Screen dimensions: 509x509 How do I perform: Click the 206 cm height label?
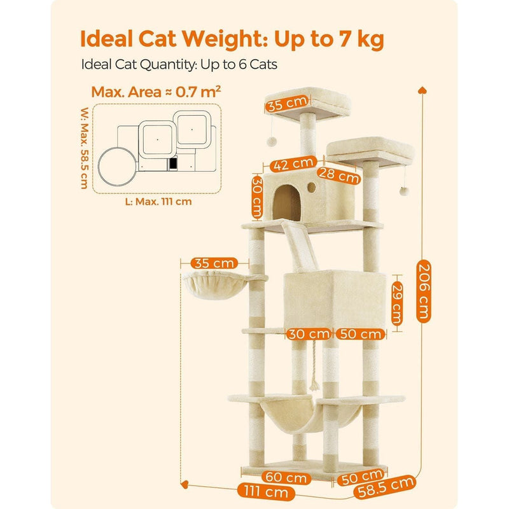[x=424, y=291]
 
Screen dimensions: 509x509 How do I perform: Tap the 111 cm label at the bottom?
[x=266, y=491]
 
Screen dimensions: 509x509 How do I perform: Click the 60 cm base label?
[x=286, y=477]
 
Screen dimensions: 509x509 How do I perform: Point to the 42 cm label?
[x=293, y=164]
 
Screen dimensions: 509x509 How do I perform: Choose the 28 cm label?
[x=338, y=176]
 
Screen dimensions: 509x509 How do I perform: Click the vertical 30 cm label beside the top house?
[x=257, y=197]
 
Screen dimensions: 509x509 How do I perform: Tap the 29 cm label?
[x=396, y=303]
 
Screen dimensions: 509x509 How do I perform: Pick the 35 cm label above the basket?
[x=214, y=263]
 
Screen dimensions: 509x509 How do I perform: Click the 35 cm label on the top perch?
[x=287, y=104]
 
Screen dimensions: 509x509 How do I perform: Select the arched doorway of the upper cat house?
[x=287, y=203]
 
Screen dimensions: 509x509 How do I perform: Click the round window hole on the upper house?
[x=311, y=187]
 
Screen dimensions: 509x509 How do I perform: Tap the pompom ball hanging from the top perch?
[x=272, y=141]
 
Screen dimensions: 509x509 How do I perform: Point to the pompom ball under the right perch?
[x=404, y=191]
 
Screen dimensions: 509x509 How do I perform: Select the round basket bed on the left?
[x=215, y=285]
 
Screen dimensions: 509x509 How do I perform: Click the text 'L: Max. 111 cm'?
[x=158, y=202]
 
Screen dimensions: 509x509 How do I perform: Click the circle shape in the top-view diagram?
[x=118, y=166]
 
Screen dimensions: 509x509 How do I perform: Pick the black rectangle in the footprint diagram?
[x=173, y=164]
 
